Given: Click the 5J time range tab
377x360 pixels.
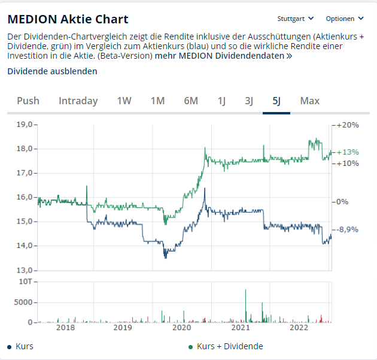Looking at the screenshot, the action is tap(276, 101).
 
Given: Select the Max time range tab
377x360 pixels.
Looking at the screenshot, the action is tap(310, 101).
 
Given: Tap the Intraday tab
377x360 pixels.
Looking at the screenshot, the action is tap(78, 101).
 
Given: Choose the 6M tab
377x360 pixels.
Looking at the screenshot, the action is tap(191, 101).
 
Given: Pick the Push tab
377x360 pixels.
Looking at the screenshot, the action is tap(28, 101).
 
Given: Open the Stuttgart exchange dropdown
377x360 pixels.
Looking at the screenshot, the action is tap(296, 19).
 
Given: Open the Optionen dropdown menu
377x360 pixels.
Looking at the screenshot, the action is tap(345, 19).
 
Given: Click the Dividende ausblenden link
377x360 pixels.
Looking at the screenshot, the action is tap(52, 71).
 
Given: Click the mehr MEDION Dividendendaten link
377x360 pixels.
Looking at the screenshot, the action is tap(224, 56).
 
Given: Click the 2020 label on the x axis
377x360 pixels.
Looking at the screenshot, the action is tap(182, 328).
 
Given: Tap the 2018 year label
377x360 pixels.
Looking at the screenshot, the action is tap(65, 328).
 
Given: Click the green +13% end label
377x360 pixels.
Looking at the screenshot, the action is tap(348, 152).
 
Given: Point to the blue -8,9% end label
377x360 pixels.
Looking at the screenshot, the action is tap(347, 229).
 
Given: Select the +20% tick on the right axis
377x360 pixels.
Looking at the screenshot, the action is tap(348, 125).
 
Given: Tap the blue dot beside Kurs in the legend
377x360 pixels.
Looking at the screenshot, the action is tap(10, 347).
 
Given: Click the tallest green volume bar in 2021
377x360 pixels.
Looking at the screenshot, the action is tap(246, 306).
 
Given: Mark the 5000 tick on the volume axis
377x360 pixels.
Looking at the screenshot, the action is tap(23, 302).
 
